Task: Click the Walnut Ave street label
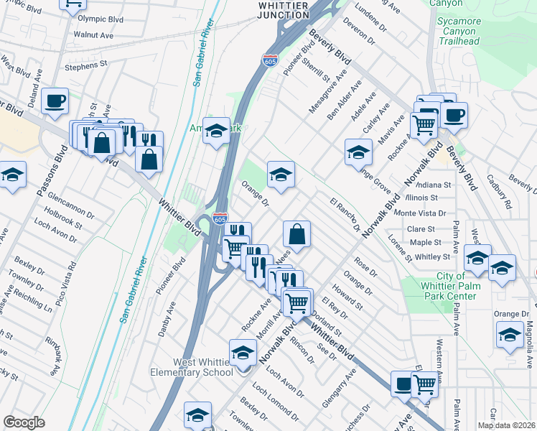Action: pos(93,34)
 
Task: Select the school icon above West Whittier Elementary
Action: pos(243,353)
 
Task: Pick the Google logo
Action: pos(24,422)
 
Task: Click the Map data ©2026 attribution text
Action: pos(506,425)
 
